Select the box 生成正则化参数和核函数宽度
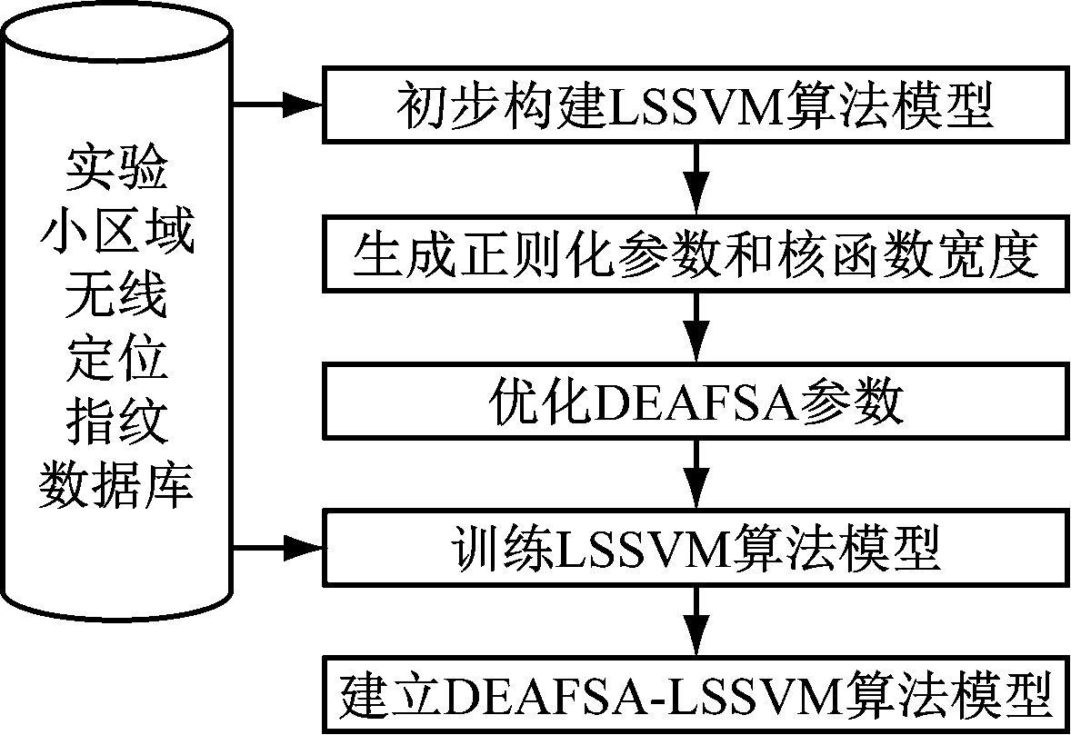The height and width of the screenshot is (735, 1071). [696, 255]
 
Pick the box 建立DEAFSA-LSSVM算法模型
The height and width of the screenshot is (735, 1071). [696, 695]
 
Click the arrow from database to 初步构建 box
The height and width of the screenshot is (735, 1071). [278, 105]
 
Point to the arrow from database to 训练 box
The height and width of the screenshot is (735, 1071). [278, 547]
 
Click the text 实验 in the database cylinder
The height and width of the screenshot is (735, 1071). [116, 169]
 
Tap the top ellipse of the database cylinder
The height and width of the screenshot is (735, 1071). [117, 32]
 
